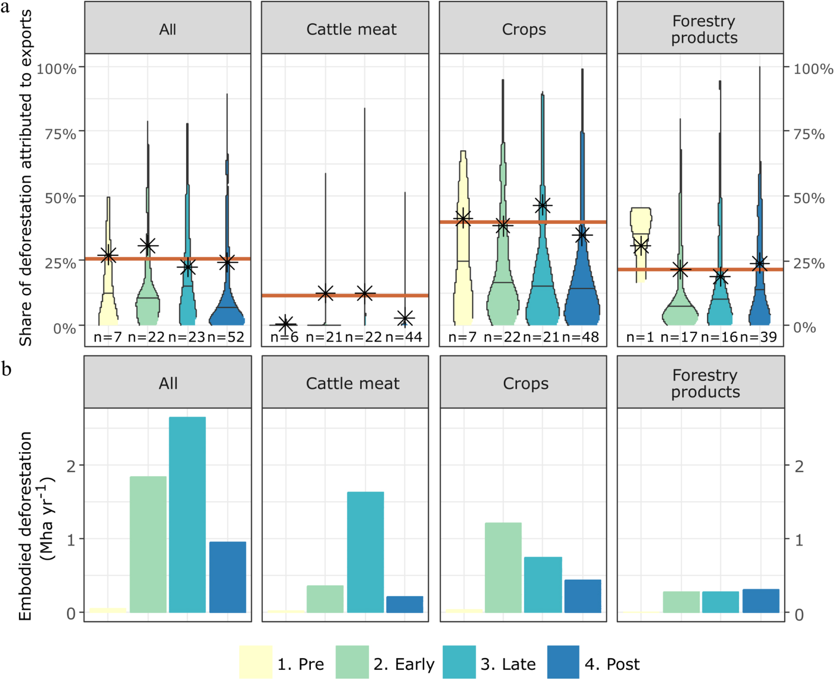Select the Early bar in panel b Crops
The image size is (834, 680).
click(x=503, y=568)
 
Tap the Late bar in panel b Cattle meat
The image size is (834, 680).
click(x=365, y=552)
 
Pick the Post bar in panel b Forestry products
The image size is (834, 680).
click(x=760, y=601)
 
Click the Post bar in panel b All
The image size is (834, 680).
click(x=227, y=577)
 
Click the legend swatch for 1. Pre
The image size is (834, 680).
click(x=255, y=662)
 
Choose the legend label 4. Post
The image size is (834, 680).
click(x=612, y=664)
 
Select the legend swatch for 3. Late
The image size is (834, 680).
click(x=459, y=662)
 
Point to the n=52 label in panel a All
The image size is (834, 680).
click(x=226, y=337)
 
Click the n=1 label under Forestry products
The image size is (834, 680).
click(x=640, y=337)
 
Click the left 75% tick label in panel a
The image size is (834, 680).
click(x=61, y=134)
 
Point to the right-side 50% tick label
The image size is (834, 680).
click(x=809, y=198)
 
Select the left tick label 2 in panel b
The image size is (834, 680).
click(x=71, y=467)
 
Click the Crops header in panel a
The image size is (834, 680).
click(x=524, y=29)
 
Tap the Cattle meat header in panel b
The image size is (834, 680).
click(x=353, y=383)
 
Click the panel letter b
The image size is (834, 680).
click(x=6, y=369)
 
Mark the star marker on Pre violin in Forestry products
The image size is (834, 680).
click(x=641, y=246)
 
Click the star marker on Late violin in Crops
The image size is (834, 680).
click(x=542, y=206)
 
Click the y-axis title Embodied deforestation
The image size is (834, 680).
click(x=25, y=526)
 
